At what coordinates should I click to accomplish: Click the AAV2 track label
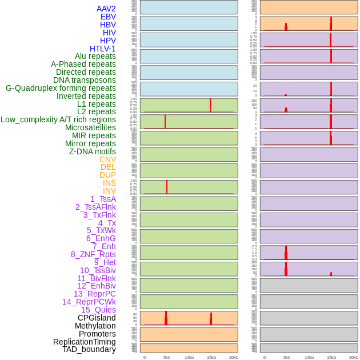click(x=106, y=9)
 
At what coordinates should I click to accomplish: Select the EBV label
click(x=108, y=17)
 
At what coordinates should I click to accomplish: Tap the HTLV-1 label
click(x=102, y=49)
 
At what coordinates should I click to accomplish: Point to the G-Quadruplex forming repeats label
click(x=61, y=88)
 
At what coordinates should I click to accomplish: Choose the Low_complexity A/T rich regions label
click(x=58, y=119)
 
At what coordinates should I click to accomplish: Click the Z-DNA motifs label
click(x=92, y=151)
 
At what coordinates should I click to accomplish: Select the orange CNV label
click(x=107, y=159)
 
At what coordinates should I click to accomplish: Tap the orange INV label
click(x=109, y=191)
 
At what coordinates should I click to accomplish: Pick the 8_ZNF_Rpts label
click(x=93, y=254)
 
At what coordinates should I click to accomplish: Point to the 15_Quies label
click(x=98, y=310)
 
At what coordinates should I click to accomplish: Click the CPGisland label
click(x=97, y=318)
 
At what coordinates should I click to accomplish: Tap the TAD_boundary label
click(x=89, y=349)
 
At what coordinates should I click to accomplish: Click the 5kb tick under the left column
click(x=167, y=357)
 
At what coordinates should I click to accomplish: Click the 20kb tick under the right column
click(x=354, y=357)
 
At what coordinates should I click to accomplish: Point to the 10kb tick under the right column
click(x=309, y=357)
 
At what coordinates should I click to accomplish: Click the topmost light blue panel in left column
click(x=189, y=7)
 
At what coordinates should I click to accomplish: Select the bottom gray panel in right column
click(x=309, y=348)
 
